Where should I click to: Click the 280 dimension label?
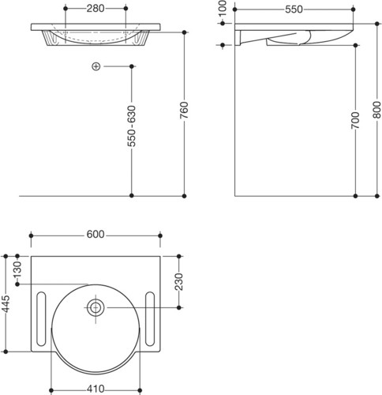coord(95,9)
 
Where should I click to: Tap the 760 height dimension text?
coord(184,110)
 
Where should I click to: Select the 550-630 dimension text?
coord(132,126)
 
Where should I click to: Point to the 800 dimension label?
coord(377,110)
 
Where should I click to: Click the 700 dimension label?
coord(355,120)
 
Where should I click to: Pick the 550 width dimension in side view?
coord(294,9)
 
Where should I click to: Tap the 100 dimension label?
coord(223,9)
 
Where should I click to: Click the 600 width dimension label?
coord(95,235)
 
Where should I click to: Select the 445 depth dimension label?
coord(6,303)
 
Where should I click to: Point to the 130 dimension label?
coord(17,269)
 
